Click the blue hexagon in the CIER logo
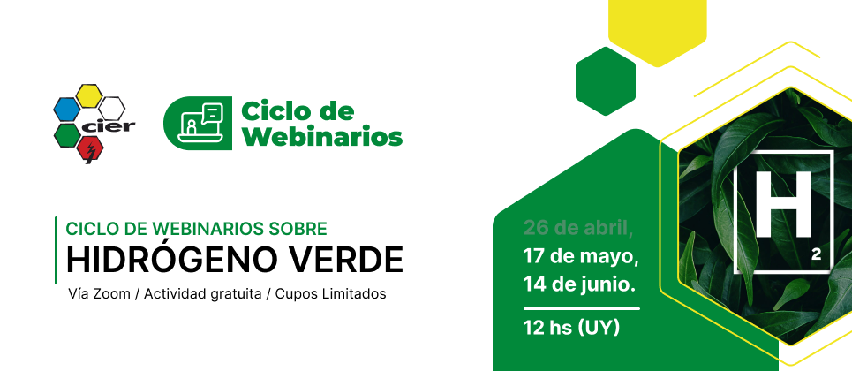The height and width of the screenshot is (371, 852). coord(67,109)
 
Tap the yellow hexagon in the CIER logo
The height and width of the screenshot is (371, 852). coord(88,95)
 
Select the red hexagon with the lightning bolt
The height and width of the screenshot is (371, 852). coord(90,149)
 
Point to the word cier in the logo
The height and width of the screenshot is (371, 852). coord(108,126)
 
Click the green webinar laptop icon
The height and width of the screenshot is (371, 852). coord(198,123)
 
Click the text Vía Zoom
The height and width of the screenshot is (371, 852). coord(100,294)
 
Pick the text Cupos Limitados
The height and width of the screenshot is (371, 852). coord(330,294)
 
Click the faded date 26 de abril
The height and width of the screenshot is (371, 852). coord(578,228)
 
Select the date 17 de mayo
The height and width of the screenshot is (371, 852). coord(581,255)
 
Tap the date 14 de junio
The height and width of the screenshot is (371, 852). coord(579,284)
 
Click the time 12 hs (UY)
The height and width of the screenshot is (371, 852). coord(571,328)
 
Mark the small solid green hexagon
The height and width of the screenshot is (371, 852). coord(606,81)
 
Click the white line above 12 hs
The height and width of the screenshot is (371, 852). coord(582,309)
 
